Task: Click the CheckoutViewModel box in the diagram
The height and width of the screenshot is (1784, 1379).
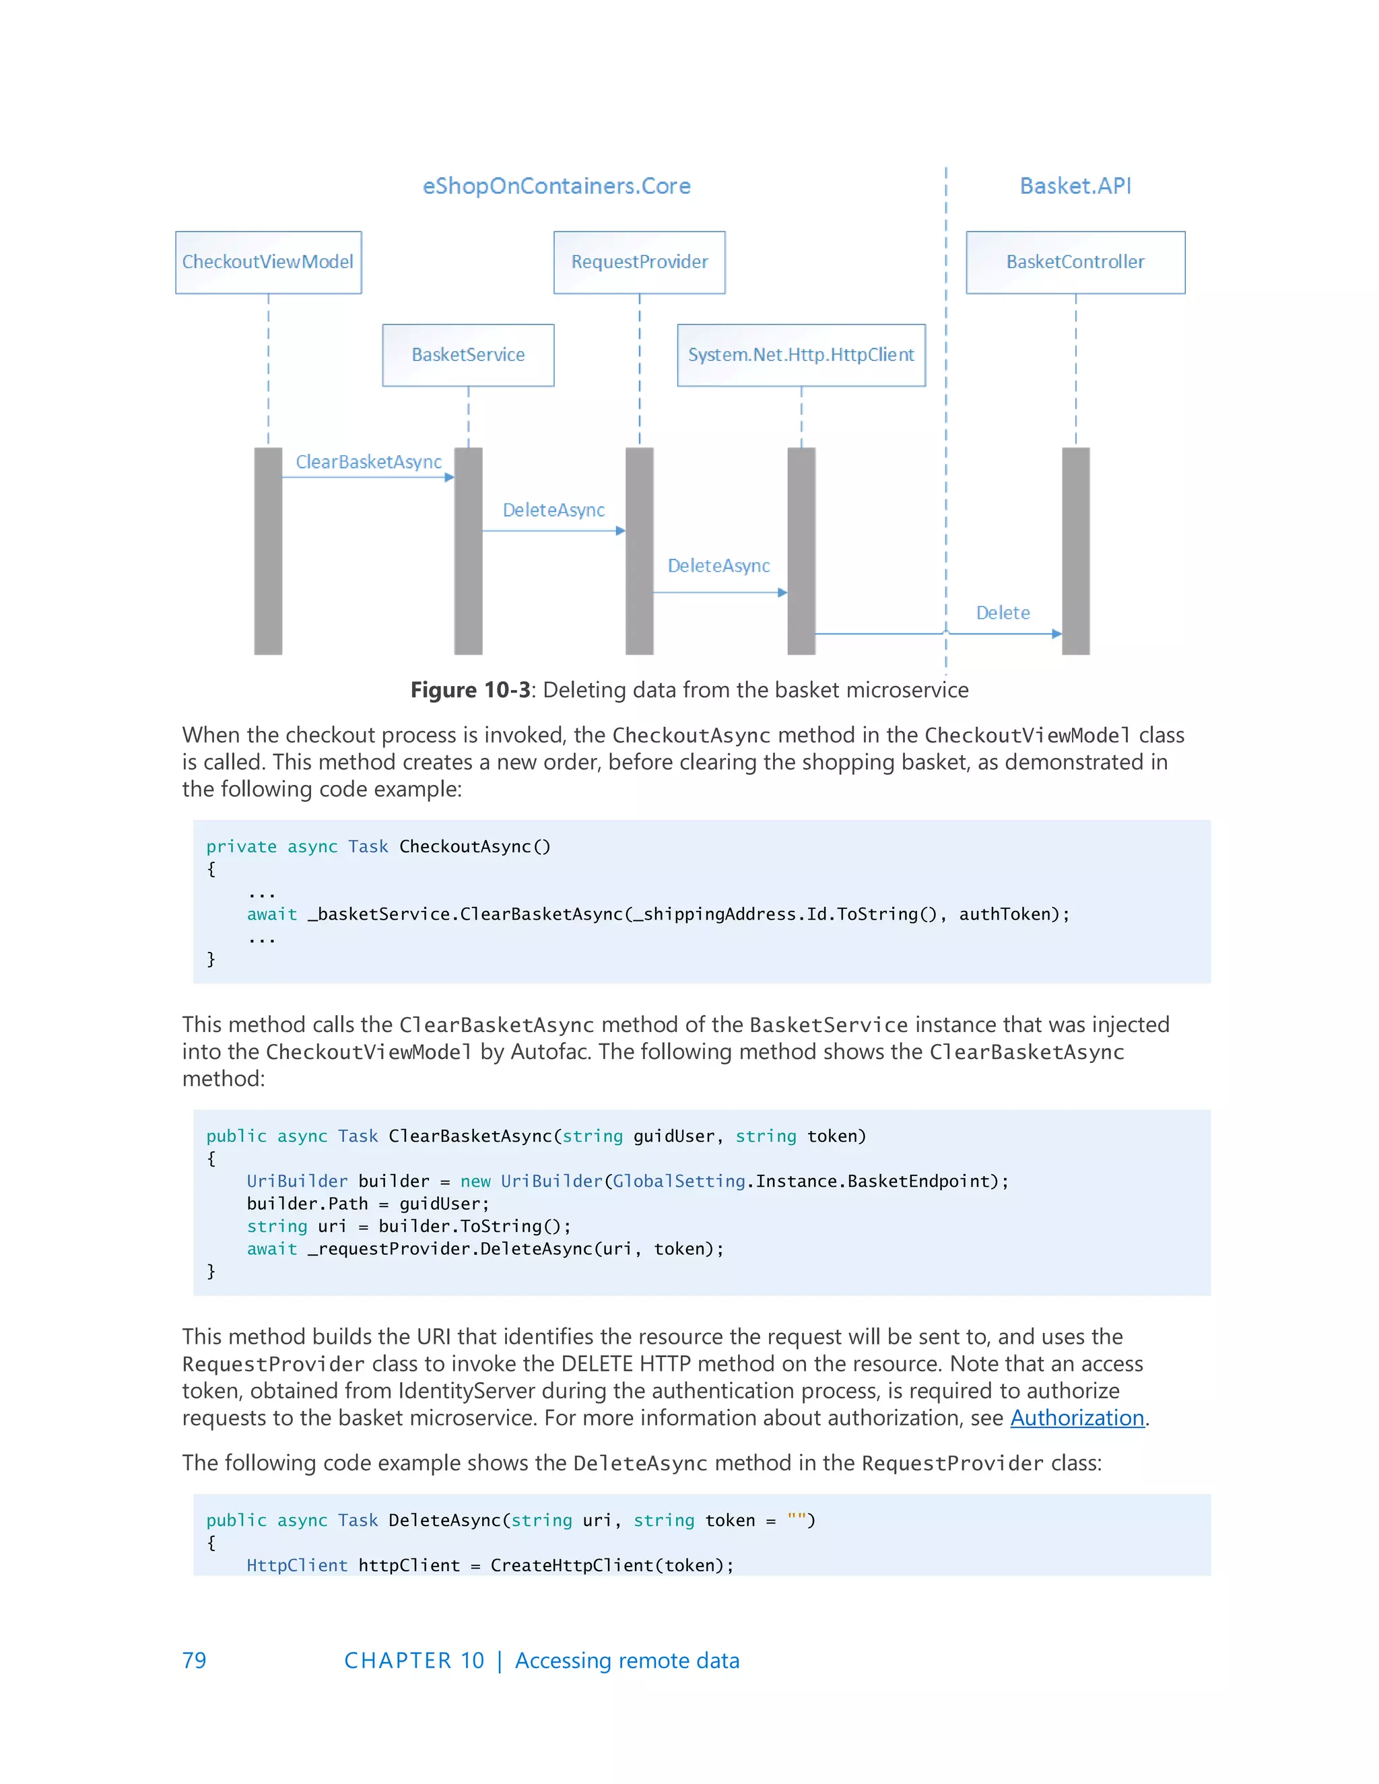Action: pyautogui.click(x=268, y=262)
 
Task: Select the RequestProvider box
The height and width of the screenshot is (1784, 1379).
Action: pyautogui.click(x=639, y=262)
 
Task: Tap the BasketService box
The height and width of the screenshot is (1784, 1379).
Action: pyautogui.click(x=468, y=355)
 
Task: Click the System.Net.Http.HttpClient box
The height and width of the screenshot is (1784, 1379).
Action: pyautogui.click(x=801, y=355)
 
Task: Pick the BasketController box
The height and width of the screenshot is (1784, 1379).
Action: pyautogui.click(x=1075, y=262)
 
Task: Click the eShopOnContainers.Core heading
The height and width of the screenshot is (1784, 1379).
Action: pyautogui.click(x=556, y=186)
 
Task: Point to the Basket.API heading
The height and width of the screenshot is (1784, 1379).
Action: pyautogui.click(x=1075, y=186)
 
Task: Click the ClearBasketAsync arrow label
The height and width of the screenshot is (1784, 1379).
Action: pyautogui.click(x=368, y=462)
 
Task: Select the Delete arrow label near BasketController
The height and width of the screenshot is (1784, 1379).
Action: pyautogui.click(x=1003, y=613)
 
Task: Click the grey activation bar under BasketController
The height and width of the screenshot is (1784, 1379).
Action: pyautogui.click(x=1075, y=551)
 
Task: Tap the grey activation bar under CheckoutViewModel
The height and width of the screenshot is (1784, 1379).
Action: pyautogui.click(x=268, y=551)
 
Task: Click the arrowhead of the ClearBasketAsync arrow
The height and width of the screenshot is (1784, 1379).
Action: pyautogui.click(x=449, y=478)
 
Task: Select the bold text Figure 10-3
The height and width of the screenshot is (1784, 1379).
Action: pyautogui.click(x=471, y=690)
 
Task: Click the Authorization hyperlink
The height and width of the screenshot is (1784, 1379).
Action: pyautogui.click(x=1077, y=1418)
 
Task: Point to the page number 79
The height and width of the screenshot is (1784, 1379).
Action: pyautogui.click(x=195, y=1661)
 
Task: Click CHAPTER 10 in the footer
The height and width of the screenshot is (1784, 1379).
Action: pyautogui.click(x=414, y=1661)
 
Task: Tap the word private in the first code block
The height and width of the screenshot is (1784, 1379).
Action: pyautogui.click(x=241, y=847)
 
